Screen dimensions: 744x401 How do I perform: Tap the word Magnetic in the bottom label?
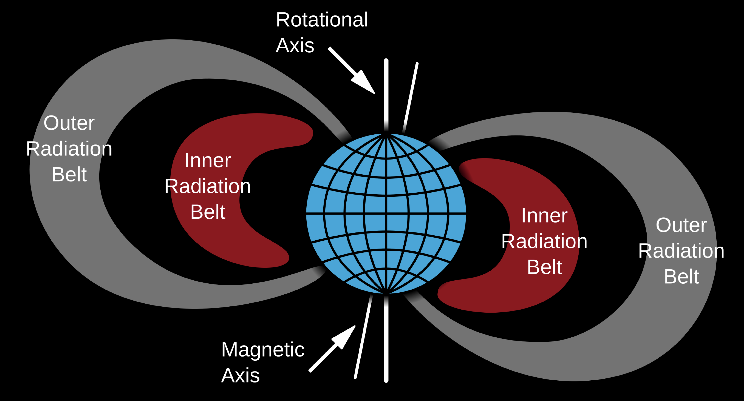[263, 350]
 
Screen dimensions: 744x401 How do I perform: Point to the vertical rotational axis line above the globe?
[386, 95]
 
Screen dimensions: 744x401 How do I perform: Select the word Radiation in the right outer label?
[681, 251]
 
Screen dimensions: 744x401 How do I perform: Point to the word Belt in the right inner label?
[544, 267]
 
